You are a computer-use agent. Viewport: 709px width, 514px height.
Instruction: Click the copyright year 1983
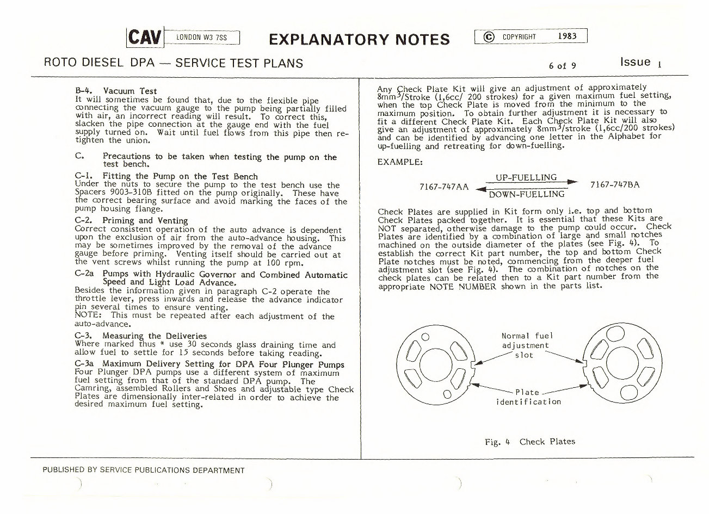pos(566,36)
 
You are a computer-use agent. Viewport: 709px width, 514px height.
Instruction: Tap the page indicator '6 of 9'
pos(562,66)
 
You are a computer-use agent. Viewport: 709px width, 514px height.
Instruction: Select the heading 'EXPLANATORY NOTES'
pos(359,39)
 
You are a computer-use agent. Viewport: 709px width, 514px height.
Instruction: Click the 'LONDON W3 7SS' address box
pos(201,38)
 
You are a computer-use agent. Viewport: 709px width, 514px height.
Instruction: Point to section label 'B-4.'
pos(84,91)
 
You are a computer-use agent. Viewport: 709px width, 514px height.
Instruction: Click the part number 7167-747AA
pos(444,186)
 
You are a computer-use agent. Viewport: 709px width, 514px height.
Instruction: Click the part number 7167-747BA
pos(615,184)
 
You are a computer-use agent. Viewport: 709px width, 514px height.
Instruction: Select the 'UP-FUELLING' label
pos(526,177)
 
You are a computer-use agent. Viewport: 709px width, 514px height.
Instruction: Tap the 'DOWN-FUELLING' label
pos(526,194)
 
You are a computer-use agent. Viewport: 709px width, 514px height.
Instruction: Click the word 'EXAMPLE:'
pos(399,162)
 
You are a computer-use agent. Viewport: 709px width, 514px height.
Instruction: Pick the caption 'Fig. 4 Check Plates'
pos(529,441)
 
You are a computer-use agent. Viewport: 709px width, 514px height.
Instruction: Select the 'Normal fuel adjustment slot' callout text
pos(525,345)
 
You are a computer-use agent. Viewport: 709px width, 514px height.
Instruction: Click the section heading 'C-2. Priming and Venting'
pos(131,220)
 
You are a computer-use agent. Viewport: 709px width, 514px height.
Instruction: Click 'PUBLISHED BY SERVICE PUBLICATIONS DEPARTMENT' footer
pos(144,470)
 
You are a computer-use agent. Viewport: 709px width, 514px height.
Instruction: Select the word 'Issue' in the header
pos(636,62)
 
